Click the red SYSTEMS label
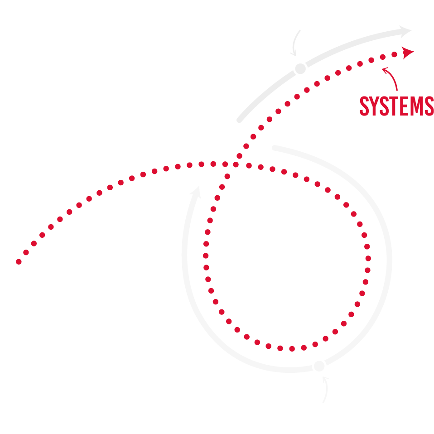pyautogui.click(x=396, y=106)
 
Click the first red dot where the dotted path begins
pyautogui.click(x=19, y=261)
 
